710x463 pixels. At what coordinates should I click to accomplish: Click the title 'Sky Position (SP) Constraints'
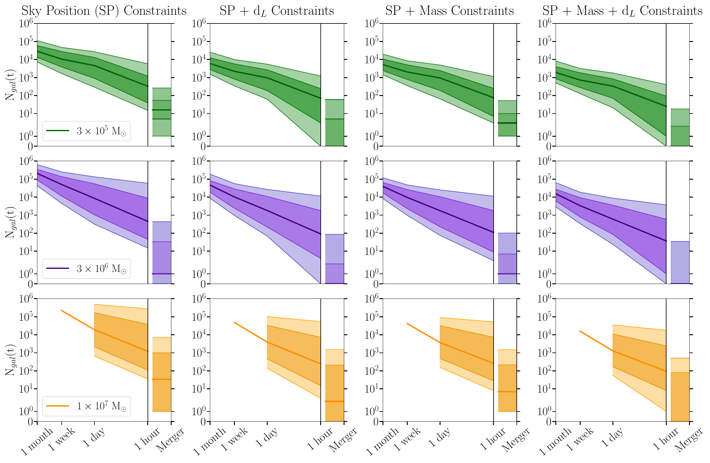(104, 11)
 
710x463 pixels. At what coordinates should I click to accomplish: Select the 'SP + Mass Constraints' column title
(449, 11)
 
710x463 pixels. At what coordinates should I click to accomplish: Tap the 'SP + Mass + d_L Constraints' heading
(622, 11)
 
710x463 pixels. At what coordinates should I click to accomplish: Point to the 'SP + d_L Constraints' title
(277, 11)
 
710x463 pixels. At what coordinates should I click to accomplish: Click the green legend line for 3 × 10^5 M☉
(58, 131)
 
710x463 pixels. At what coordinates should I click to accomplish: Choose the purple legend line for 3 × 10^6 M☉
(58, 269)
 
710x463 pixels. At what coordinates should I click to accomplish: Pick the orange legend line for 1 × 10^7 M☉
(58, 406)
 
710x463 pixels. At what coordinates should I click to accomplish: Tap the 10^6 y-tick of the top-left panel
(26, 23)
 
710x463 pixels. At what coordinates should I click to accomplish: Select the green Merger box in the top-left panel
(162, 112)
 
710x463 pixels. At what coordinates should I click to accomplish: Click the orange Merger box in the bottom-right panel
(680, 390)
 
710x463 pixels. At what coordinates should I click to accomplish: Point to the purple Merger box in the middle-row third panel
(507, 258)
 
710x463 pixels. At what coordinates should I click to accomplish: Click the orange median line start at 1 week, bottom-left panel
(62, 311)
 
